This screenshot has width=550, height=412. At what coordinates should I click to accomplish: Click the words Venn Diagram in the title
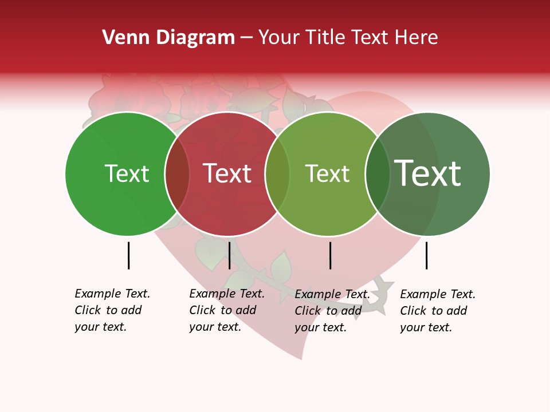click(x=168, y=38)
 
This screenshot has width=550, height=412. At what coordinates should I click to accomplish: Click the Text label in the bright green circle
click(x=127, y=174)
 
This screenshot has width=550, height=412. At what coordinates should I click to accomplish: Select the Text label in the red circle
click(x=227, y=174)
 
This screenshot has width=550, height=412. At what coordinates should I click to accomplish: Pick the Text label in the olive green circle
click(x=327, y=174)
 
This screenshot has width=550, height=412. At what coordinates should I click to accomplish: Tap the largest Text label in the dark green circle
click(x=428, y=173)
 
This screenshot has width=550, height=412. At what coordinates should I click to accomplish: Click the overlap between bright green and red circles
click(x=177, y=174)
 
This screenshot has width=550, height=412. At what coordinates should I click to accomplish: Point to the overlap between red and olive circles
click(x=277, y=174)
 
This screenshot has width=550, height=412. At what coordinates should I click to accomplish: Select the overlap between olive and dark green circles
click(x=378, y=174)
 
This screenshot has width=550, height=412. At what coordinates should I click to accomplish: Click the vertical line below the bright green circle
click(x=128, y=255)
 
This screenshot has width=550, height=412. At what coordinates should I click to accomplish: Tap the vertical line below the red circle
click(x=229, y=255)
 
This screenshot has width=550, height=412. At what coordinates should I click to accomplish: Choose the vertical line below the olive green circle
click(x=330, y=255)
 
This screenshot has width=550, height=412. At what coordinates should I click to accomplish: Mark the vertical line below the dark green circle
click(x=426, y=255)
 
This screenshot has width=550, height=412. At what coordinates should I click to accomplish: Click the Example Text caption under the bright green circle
click(x=112, y=310)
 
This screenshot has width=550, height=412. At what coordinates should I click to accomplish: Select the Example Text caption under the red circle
click(x=227, y=310)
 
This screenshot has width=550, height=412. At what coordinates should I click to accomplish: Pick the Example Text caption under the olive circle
click(x=332, y=311)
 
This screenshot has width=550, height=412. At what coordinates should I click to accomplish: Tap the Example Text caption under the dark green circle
click(x=438, y=311)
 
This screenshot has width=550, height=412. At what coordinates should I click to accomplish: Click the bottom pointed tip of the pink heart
click(x=301, y=358)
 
